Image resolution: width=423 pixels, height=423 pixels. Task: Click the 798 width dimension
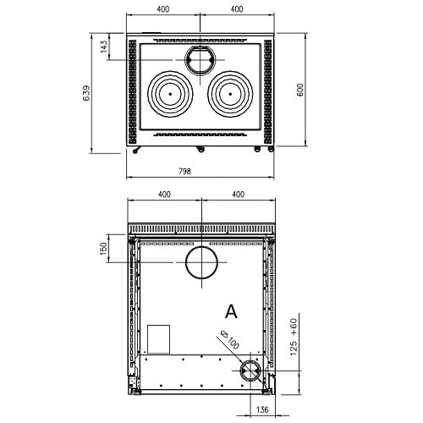[x=184, y=171]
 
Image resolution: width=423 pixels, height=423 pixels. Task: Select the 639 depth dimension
[x=86, y=93]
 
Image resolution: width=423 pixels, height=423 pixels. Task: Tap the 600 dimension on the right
[x=300, y=90]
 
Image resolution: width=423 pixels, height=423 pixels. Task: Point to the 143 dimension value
[x=103, y=47]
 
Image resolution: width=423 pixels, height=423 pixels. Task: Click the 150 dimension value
[x=103, y=249]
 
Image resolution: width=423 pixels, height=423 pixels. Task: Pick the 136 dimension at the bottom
[x=262, y=409]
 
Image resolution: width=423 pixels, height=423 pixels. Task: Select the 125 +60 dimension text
[x=294, y=337]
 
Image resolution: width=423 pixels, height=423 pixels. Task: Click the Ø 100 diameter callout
[x=230, y=339]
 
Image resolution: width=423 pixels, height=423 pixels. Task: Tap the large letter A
[x=231, y=312]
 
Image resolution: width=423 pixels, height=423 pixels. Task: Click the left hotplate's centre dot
[x=170, y=94]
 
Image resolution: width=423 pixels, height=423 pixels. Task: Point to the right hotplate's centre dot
[x=230, y=94]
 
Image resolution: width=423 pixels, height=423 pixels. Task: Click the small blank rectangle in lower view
[x=159, y=339]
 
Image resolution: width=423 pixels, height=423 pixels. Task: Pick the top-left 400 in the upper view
[x=163, y=9]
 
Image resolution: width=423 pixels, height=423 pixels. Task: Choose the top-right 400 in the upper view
[x=237, y=9]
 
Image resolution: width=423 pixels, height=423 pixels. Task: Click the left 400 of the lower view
[x=164, y=195]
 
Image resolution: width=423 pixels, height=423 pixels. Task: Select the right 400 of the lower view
[x=239, y=195]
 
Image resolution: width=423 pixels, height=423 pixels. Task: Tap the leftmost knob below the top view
[x=135, y=151]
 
